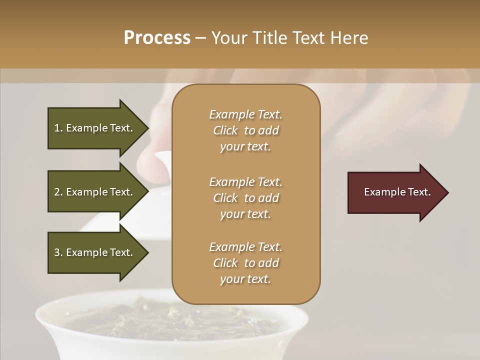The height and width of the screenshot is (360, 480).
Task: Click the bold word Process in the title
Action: (157, 38)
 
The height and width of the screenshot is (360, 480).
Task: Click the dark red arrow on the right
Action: (395, 192)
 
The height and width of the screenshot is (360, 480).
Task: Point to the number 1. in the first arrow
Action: (58, 128)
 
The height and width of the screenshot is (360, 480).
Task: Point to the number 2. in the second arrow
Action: (58, 192)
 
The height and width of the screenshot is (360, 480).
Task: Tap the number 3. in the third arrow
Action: (58, 253)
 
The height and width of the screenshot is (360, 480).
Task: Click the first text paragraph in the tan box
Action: (245, 130)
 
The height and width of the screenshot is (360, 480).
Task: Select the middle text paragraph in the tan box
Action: (245, 198)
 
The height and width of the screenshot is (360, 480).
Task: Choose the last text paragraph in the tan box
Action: (245, 263)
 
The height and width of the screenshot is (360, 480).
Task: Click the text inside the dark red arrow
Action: (397, 192)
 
